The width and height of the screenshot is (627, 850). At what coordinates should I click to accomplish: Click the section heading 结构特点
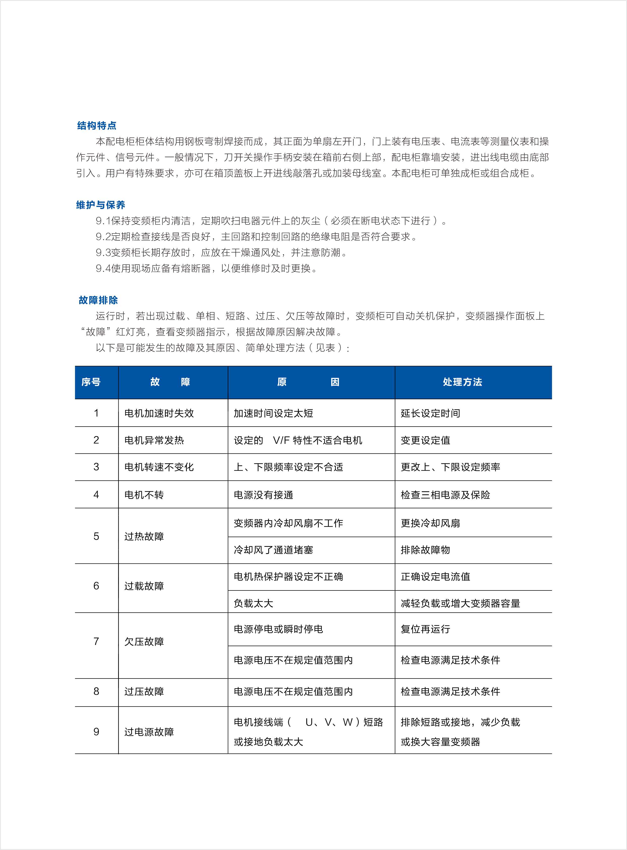point(96,126)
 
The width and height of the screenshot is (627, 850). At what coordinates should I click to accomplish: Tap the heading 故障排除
point(98,300)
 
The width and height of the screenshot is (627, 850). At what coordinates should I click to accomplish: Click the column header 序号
point(91,382)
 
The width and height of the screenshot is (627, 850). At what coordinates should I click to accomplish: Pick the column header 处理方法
point(462,382)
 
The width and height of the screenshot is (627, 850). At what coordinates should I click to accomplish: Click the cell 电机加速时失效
point(159,413)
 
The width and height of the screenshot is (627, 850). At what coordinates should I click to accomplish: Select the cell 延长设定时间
point(430,413)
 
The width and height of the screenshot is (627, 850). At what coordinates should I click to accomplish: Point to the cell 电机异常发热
point(154,440)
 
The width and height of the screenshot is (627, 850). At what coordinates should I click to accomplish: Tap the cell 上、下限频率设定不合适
point(289,467)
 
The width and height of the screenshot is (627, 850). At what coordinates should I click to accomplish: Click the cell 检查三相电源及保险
point(446,495)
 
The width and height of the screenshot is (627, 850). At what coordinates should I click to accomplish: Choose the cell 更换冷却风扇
point(430,523)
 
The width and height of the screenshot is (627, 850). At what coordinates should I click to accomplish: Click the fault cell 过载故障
point(144,586)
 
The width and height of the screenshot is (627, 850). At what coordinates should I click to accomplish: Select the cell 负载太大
point(253,603)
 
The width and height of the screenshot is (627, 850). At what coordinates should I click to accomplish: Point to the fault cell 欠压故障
point(144,641)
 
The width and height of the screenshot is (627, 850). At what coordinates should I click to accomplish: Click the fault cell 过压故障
point(144,691)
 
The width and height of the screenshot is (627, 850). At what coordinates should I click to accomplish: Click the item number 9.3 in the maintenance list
point(103,253)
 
